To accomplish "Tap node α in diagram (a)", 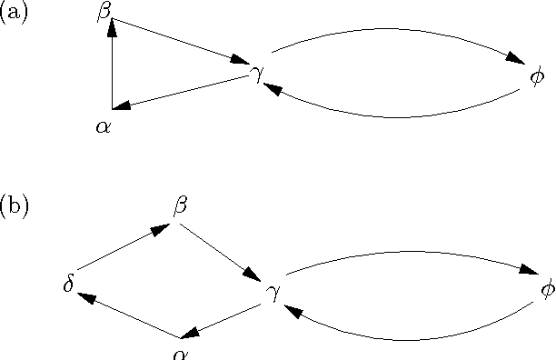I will click(103, 127).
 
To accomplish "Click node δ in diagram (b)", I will click(68, 285).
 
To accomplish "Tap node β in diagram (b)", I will click(180, 207).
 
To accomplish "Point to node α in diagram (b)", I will click(180, 353).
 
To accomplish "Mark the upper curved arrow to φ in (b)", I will click(409, 250).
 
